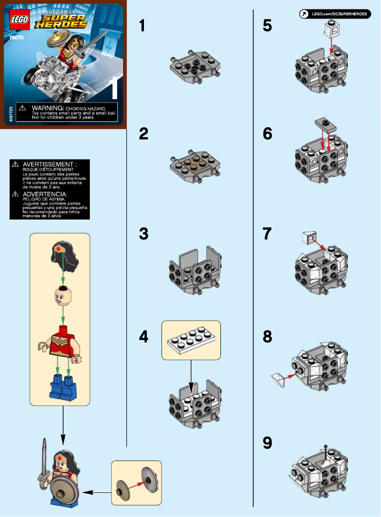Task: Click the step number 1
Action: tap(142, 26)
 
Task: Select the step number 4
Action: tap(143, 337)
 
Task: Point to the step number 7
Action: tap(267, 234)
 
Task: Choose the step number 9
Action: tap(267, 443)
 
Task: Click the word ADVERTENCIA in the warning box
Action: tap(46, 194)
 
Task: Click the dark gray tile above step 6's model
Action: tap(324, 125)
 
